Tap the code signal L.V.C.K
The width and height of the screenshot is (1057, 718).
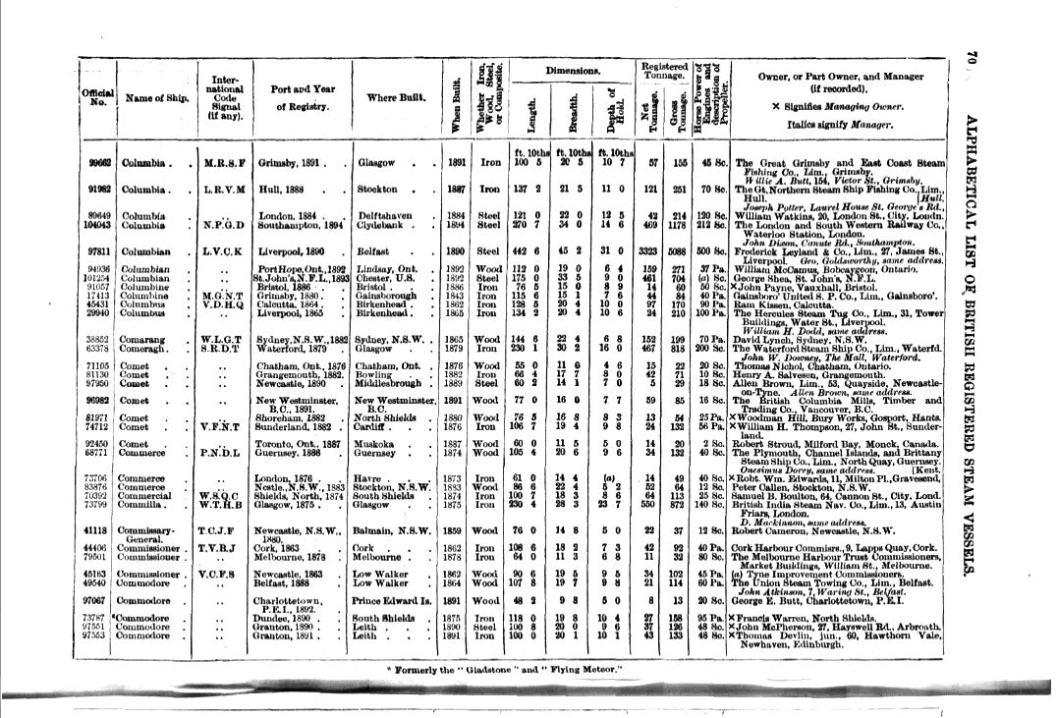[x=223, y=252]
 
